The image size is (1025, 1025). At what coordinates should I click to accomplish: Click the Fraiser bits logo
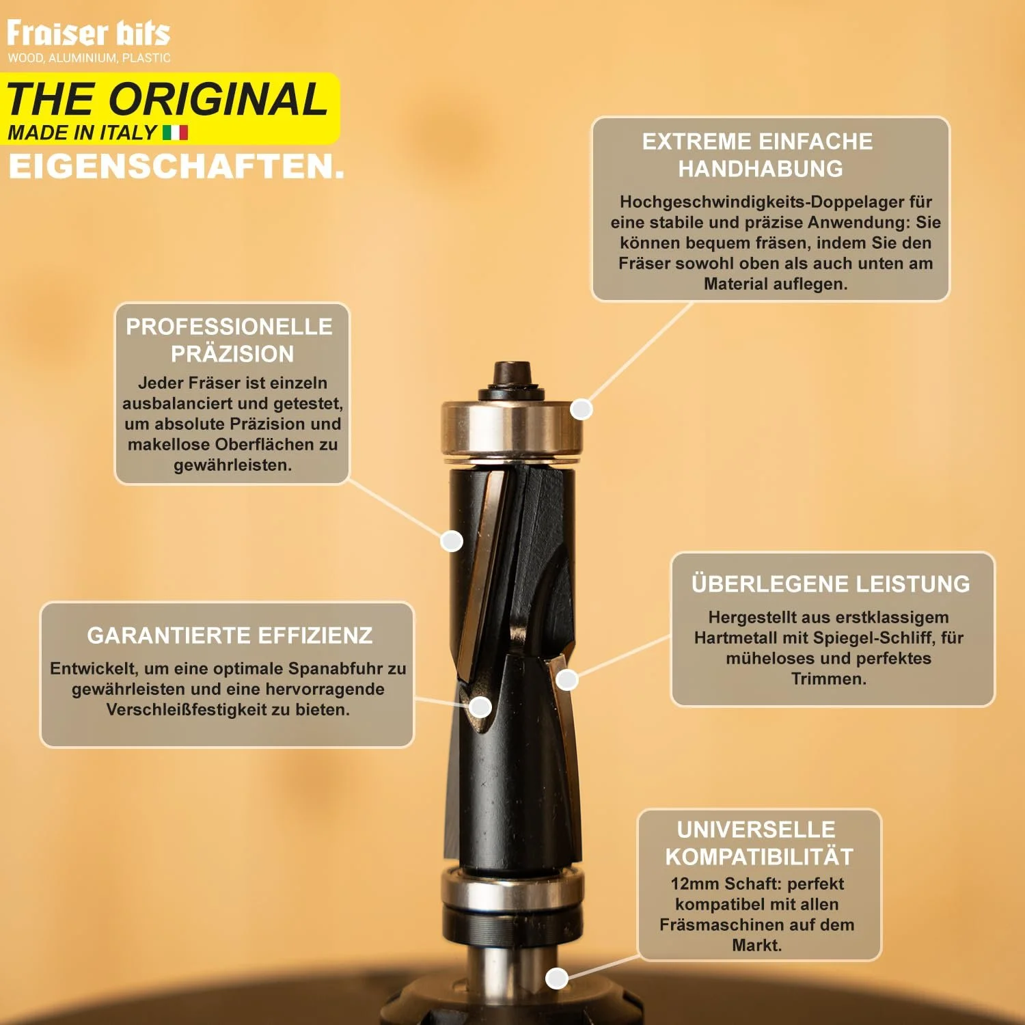pyautogui.click(x=88, y=33)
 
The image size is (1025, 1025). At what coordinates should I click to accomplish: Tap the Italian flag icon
pyautogui.click(x=175, y=132)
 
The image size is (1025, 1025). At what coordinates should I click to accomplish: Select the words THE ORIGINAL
pyautogui.click(x=167, y=99)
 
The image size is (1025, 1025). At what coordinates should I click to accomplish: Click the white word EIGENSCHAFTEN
pyautogui.click(x=176, y=167)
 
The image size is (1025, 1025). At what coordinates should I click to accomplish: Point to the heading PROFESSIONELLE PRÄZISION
pyautogui.click(x=230, y=340)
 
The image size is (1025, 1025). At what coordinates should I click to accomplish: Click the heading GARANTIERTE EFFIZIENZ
pyautogui.click(x=230, y=635)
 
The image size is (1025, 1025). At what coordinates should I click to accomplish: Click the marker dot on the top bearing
pyautogui.click(x=581, y=409)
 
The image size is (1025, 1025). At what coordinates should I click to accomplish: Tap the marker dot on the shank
pyautogui.click(x=557, y=978)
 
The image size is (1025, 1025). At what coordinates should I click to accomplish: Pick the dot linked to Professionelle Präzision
pyautogui.click(x=452, y=541)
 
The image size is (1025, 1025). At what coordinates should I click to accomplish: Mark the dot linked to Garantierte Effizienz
pyautogui.click(x=480, y=707)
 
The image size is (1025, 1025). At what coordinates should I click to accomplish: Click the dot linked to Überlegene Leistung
pyautogui.click(x=567, y=679)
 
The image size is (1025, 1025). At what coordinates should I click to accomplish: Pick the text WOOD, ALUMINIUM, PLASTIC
pyautogui.click(x=89, y=58)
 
